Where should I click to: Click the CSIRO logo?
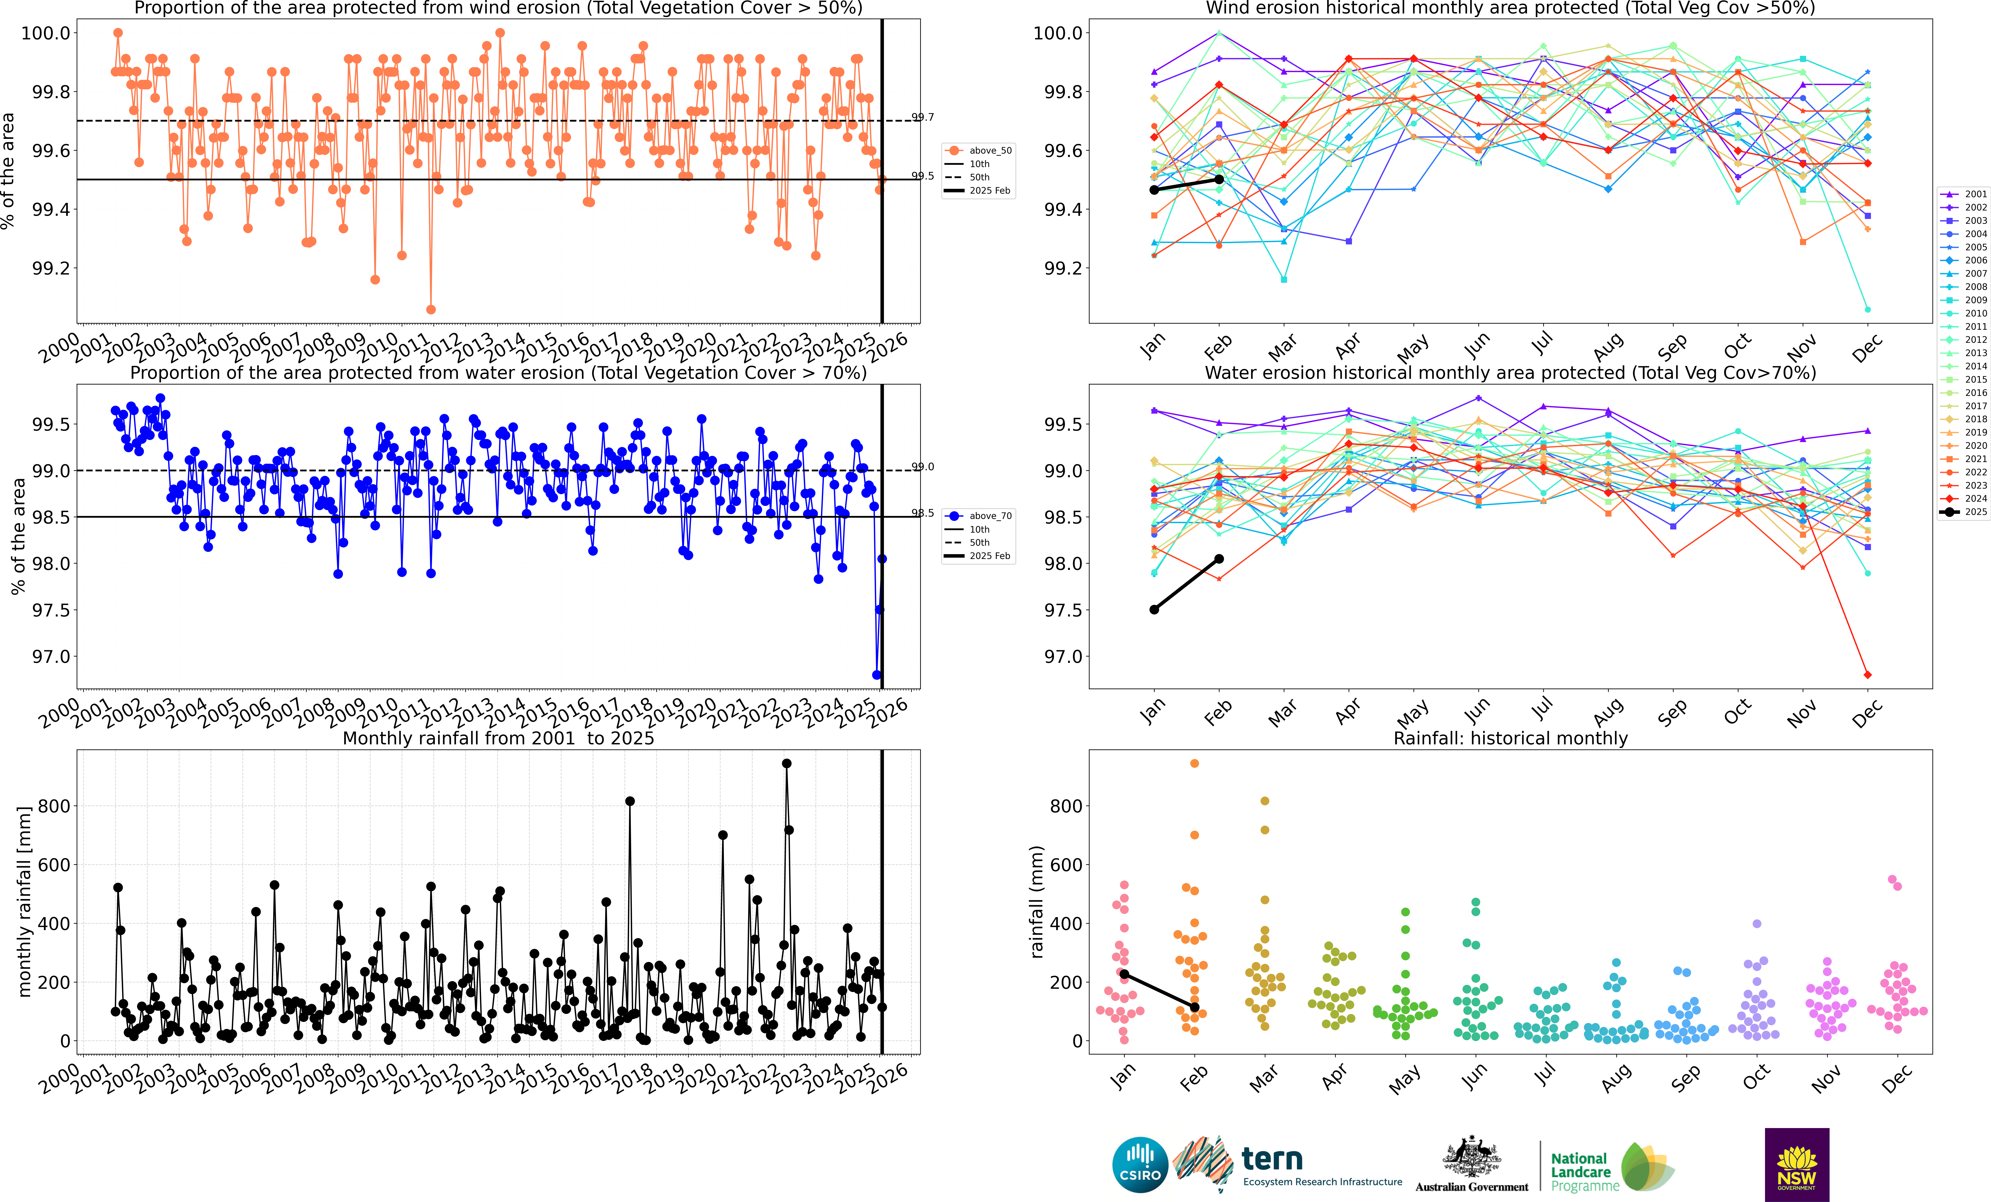(1140, 1165)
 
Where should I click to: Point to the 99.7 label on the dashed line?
(923, 117)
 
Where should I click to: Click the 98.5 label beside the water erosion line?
(923, 513)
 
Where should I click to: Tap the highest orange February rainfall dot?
(1194, 763)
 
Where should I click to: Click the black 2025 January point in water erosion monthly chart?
(1154, 610)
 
